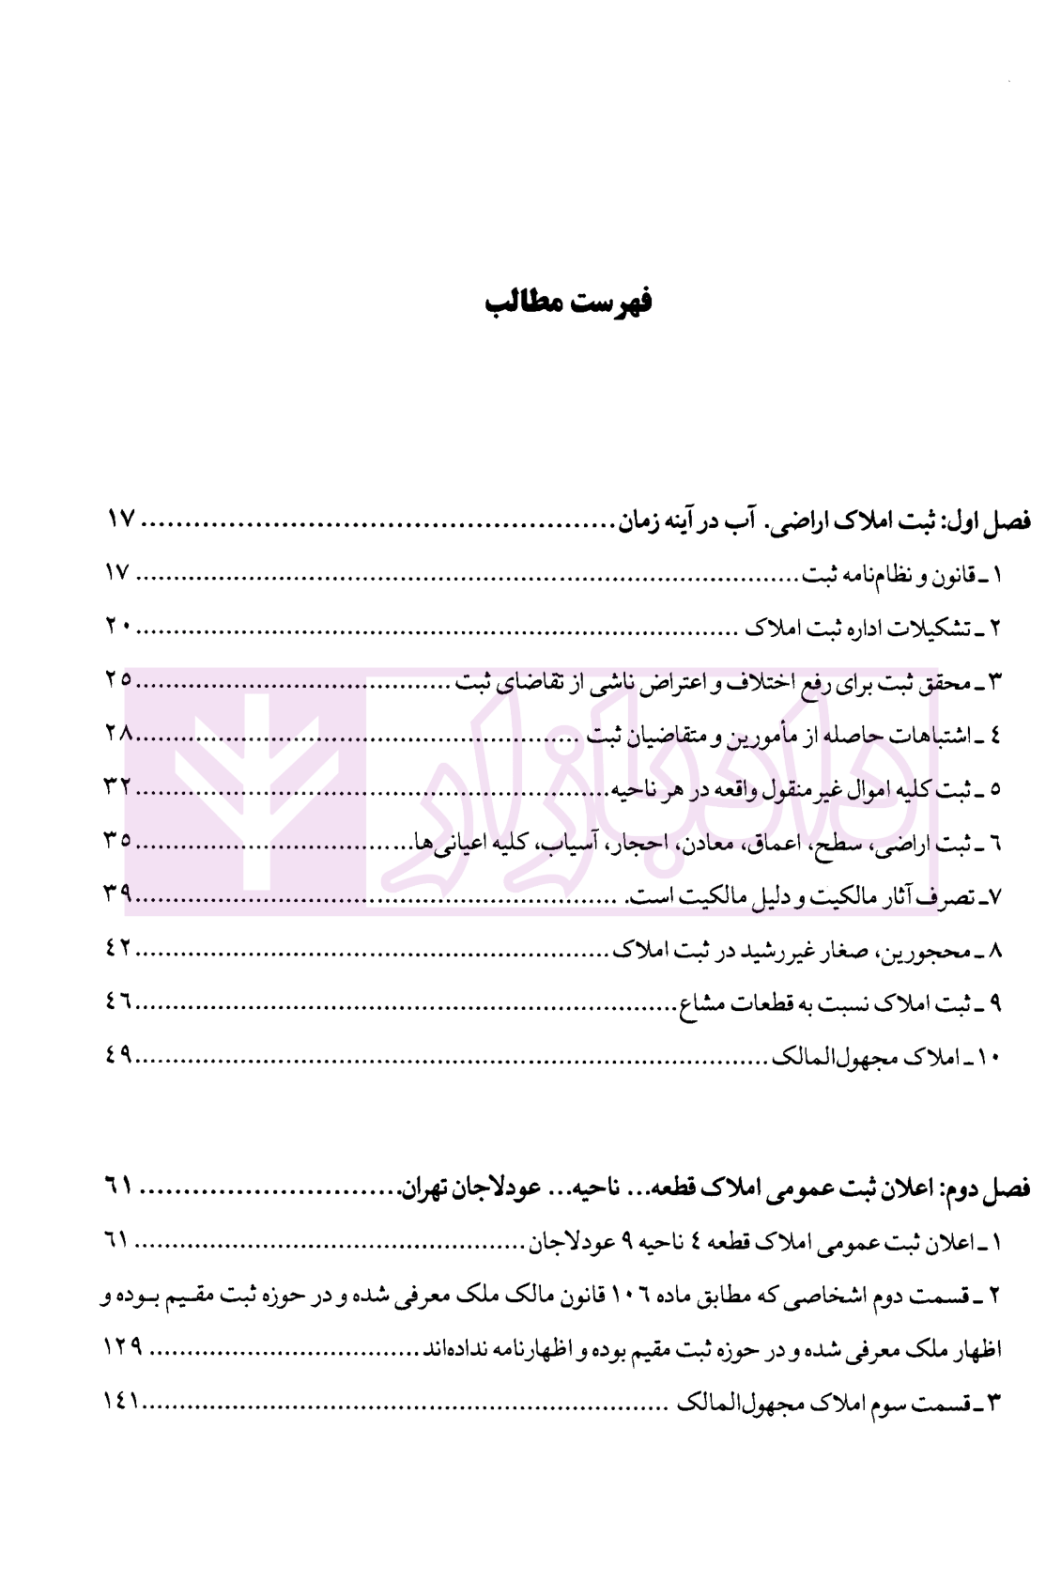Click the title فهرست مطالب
coord(568,303)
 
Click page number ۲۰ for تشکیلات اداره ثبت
coord(120,627)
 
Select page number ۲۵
coord(119,680)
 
